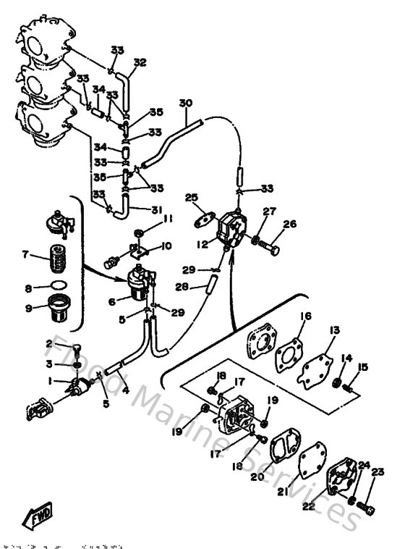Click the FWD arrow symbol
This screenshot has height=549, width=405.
[35, 517]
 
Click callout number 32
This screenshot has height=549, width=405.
[140, 62]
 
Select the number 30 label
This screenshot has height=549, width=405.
[187, 104]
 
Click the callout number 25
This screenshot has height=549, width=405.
[191, 198]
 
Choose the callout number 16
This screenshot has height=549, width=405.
[306, 316]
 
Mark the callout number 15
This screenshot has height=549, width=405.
[363, 367]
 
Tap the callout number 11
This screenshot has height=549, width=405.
[168, 219]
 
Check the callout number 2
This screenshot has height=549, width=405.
[50, 343]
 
